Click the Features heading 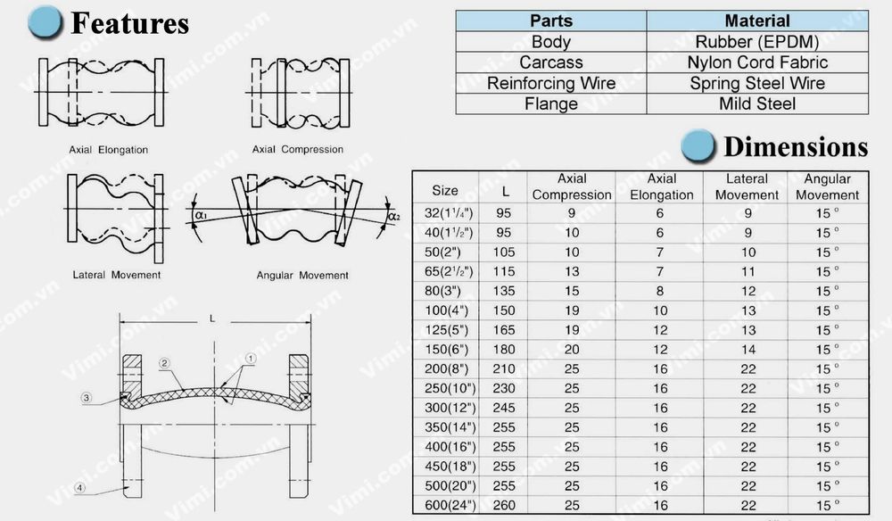click(129, 24)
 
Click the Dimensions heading click(795, 146)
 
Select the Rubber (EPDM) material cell click(756, 42)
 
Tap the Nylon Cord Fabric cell click(756, 62)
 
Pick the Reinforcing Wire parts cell click(550, 83)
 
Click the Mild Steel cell click(756, 103)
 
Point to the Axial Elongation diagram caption click(108, 150)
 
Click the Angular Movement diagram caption click(301, 276)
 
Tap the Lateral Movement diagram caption click(117, 275)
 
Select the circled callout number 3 click(86, 398)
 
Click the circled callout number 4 click(79, 487)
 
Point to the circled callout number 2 click(165, 363)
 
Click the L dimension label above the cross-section click(211, 318)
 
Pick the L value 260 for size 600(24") click(506, 505)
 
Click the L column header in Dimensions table click(506, 190)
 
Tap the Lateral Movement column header click(747, 187)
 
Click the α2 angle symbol click(392, 216)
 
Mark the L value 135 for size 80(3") click(506, 291)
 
